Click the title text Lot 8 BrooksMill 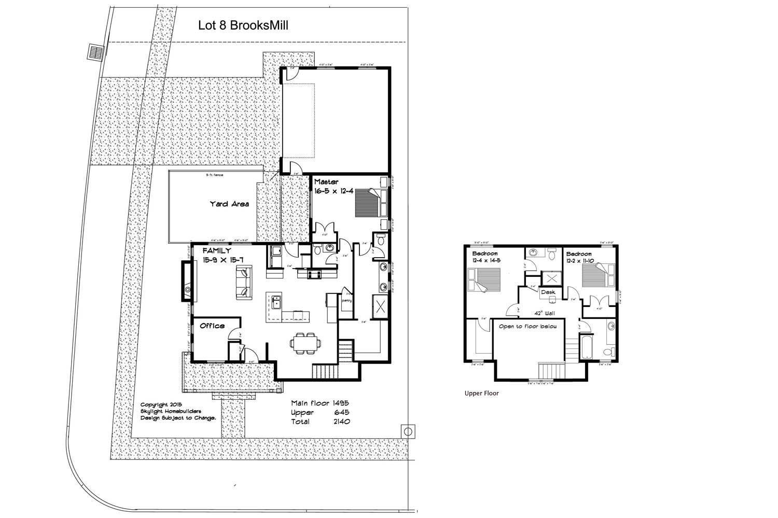[x=243, y=25]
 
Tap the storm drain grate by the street [x=96, y=52]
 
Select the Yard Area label [x=229, y=204]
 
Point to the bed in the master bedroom [x=369, y=203]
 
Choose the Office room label [x=212, y=326]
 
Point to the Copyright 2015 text [x=161, y=405]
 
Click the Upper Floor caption [x=481, y=393]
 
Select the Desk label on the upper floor [x=548, y=292]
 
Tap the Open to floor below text [x=527, y=327]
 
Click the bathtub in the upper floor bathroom [x=586, y=345]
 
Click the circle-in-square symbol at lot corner [x=408, y=431]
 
